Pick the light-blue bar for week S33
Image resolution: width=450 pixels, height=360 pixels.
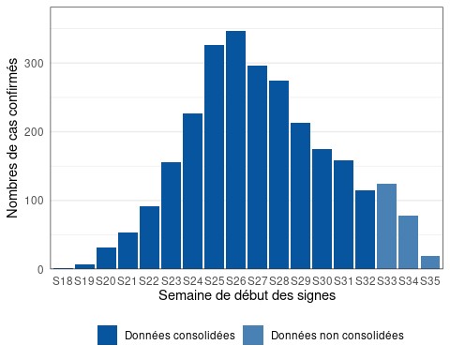[x=386, y=226]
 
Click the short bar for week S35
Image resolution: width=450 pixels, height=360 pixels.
[x=429, y=262]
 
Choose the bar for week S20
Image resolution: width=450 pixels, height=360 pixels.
[x=106, y=258]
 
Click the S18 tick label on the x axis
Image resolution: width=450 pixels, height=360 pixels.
[x=63, y=280]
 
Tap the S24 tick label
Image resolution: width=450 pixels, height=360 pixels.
[x=192, y=280]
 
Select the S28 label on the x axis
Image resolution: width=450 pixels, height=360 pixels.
[x=278, y=280]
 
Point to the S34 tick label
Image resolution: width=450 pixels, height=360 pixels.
[x=408, y=280]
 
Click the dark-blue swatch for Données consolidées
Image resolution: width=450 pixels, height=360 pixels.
[x=107, y=335]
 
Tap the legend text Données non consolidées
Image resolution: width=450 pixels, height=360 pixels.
[x=337, y=335]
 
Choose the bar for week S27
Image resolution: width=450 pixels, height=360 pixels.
[x=257, y=178]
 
